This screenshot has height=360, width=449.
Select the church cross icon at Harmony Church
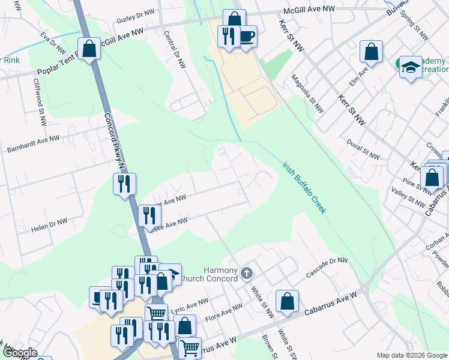(x=246, y=275)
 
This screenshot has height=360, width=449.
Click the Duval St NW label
(x=363, y=149)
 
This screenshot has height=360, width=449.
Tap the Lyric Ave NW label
(x=190, y=305)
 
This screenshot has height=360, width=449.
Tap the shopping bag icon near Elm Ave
(x=372, y=52)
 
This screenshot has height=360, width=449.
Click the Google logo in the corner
(x=20, y=353)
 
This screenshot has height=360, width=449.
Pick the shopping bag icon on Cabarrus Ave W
(x=288, y=302)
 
